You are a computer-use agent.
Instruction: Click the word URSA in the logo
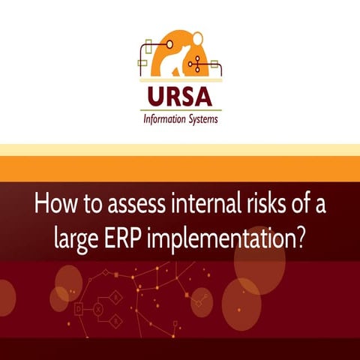[x=179, y=97]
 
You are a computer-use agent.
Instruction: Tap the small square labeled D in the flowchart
[x=79, y=307]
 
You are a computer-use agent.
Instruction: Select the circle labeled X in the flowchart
[x=98, y=307]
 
